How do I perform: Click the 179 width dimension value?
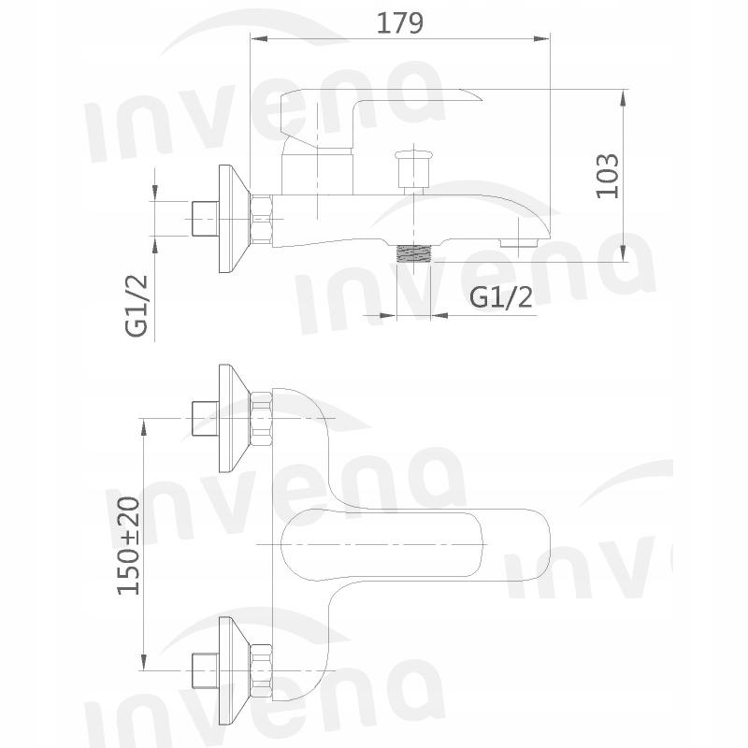coord(399,22)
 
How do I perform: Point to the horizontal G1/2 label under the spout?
coord(500,297)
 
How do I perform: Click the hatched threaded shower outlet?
coord(413,252)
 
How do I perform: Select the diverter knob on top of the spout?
coord(410,167)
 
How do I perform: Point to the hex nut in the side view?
coord(261,221)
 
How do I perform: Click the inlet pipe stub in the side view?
coord(201,220)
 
